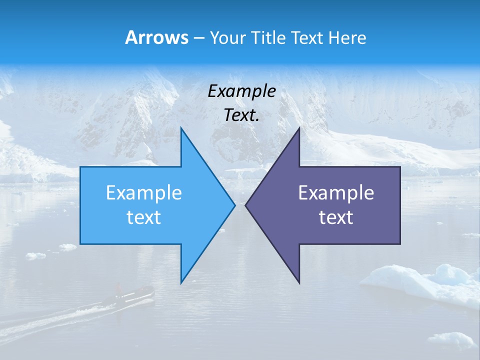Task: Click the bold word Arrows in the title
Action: (x=156, y=37)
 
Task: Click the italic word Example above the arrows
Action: (x=242, y=91)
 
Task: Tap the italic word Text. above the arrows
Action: (x=242, y=115)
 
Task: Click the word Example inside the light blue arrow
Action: (x=144, y=193)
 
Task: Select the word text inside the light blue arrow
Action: (x=144, y=217)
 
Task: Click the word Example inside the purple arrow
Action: (x=336, y=193)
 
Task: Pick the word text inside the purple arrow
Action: (x=336, y=217)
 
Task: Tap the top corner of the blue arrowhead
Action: (x=181, y=128)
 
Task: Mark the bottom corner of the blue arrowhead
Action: (x=181, y=282)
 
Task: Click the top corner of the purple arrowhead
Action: (x=299, y=128)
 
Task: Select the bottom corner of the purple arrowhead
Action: (x=299, y=282)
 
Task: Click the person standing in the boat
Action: (x=119, y=288)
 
